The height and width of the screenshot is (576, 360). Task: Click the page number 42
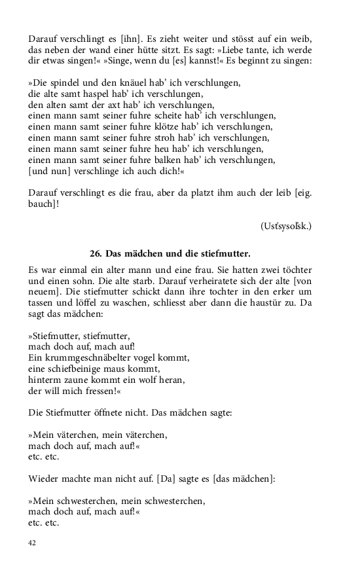[32, 543]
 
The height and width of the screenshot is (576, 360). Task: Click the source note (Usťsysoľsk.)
[285, 226]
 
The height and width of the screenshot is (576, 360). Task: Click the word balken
[180, 158]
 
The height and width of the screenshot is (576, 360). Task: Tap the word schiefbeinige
[75, 369]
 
